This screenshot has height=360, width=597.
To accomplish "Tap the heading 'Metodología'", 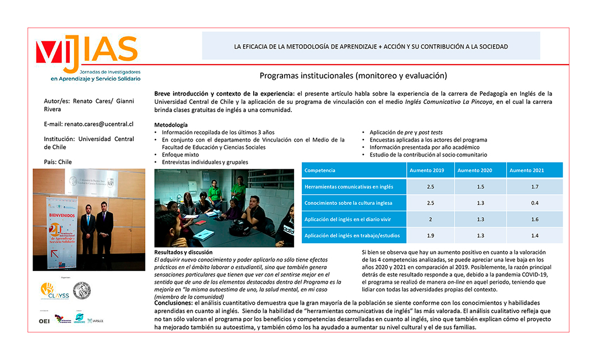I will point(171,125).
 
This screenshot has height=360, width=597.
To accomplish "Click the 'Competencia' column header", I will point(320,170).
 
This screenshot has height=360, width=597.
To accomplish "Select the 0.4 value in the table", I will point(535,203).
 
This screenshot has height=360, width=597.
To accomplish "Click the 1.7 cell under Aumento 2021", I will point(535,187).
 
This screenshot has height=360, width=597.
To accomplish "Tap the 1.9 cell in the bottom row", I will point(431,236).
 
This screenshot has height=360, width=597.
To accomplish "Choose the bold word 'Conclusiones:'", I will point(173,302).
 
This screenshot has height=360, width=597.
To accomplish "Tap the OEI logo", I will point(44,321).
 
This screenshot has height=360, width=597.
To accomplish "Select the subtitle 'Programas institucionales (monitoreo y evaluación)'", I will point(353,75).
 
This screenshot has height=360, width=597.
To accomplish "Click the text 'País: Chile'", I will point(58,162).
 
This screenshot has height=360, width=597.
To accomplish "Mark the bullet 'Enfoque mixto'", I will point(180,155).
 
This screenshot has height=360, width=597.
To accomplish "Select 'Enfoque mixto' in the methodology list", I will point(180,155).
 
